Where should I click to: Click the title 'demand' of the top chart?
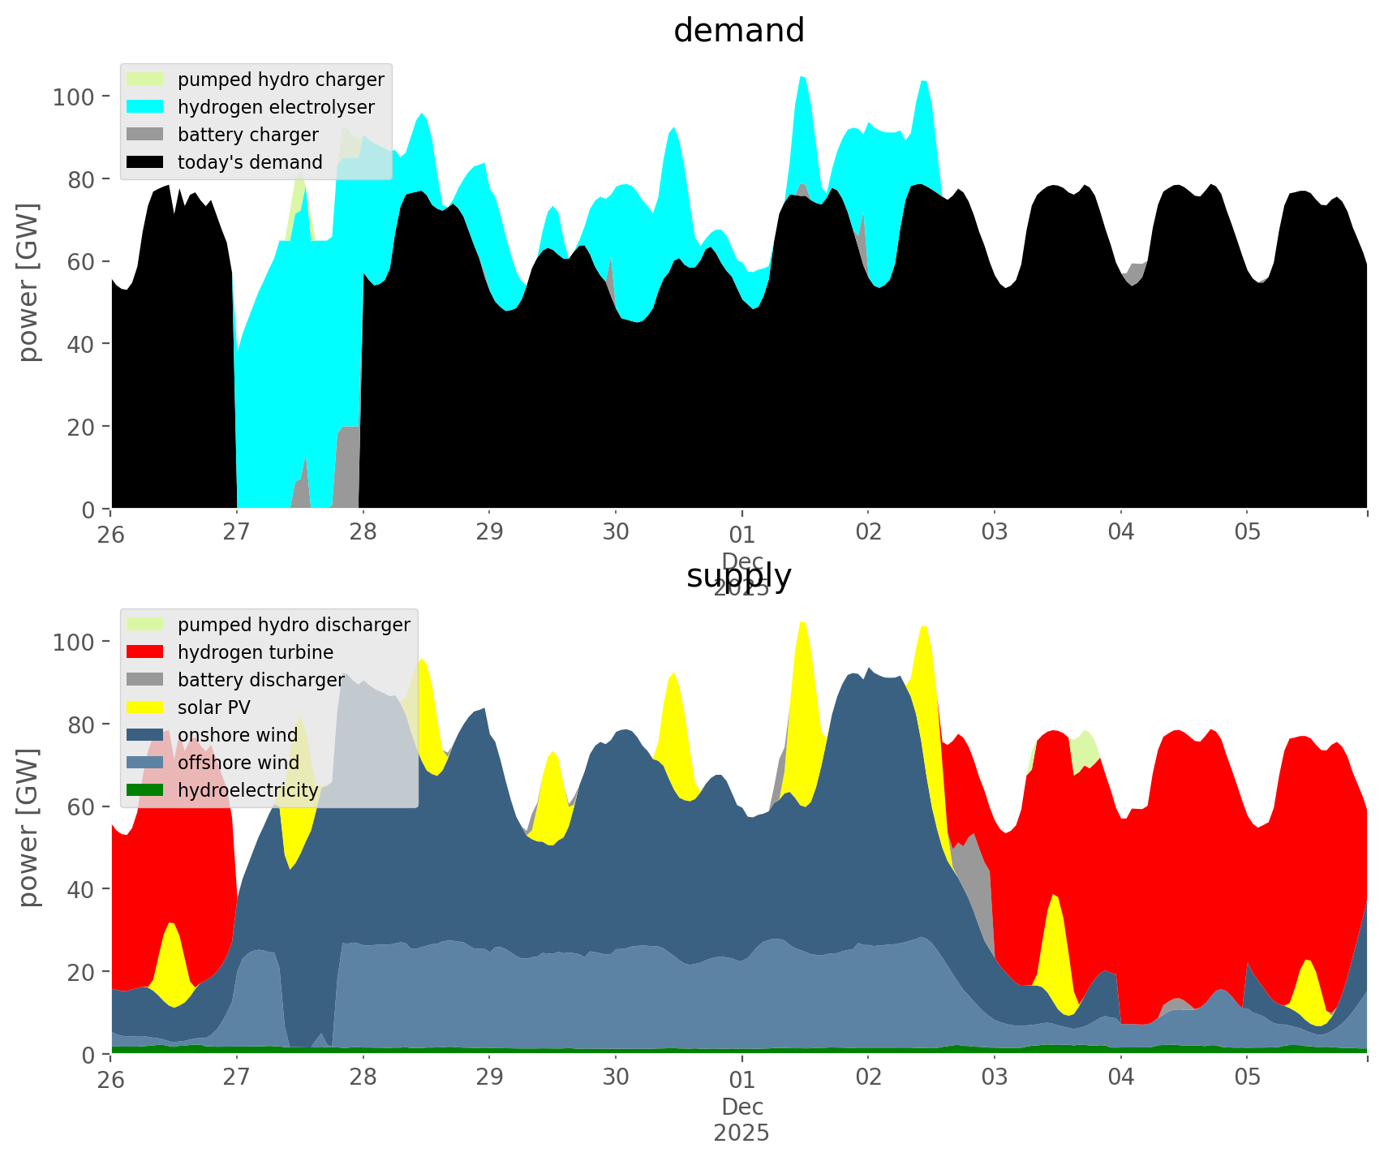click(x=739, y=31)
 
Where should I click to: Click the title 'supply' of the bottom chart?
click(x=739, y=575)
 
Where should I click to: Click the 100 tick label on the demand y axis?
click(x=74, y=97)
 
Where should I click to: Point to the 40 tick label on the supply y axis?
click(x=80, y=890)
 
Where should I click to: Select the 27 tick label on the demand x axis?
click(x=237, y=532)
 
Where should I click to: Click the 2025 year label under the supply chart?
click(x=741, y=1133)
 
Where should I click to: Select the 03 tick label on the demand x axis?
click(x=995, y=532)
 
